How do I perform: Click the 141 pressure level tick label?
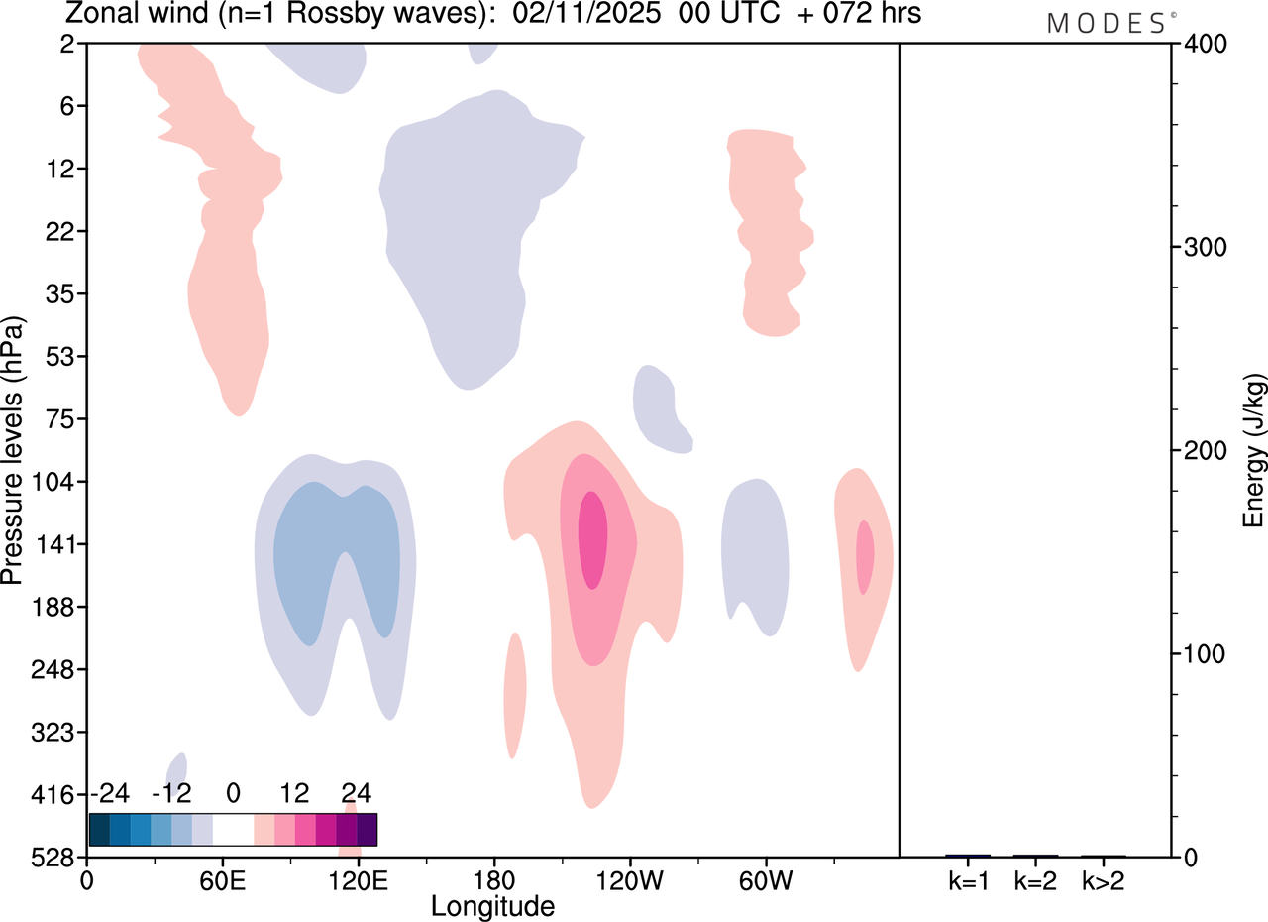[60, 544]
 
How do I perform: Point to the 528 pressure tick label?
[60, 858]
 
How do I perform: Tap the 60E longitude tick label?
[223, 881]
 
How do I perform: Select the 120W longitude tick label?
[629, 881]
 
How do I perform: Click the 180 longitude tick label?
[493, 881]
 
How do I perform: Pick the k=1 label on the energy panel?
[968, 881]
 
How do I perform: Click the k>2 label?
[1103, 881]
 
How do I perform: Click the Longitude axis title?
[492, 905]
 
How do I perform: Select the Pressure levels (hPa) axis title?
[13, 451]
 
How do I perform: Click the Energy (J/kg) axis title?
[1254, 451]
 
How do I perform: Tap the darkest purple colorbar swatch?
[367, 829]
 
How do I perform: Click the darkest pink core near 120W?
[592, 540]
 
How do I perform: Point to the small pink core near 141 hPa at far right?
[865, 557]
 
